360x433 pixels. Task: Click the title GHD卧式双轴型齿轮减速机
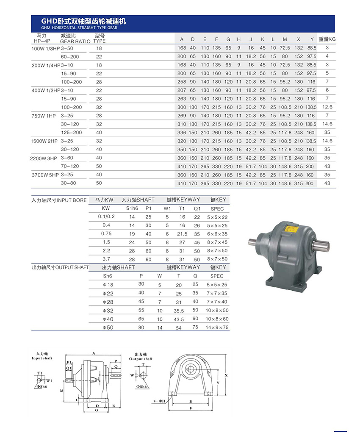(83, 21)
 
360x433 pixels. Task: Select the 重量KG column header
(327, 39)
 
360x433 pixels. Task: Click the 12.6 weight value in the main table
(327, 107)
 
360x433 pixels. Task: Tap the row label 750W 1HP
(44, 116)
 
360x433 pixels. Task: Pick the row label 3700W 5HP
(45, 175)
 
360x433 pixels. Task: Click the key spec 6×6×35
(217, 234)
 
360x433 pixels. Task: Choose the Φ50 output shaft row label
(108, 328)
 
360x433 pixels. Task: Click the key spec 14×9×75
(217, 328)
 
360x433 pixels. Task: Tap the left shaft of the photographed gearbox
(255, 242)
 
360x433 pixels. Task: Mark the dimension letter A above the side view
(93, 353)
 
